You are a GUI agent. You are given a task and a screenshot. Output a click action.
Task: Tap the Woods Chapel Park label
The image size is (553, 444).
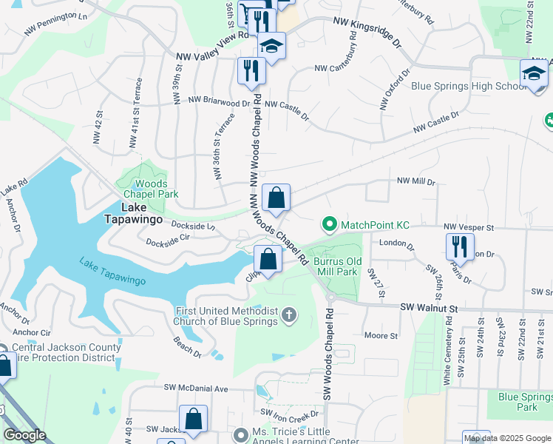pyautogui.click(x=151, y=189)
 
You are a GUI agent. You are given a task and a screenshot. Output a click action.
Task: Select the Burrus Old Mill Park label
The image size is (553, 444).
pyautogui.click(x=337, y=266)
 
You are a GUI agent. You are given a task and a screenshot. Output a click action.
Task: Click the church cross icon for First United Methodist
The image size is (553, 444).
pyautogui.click(x=289, y=316)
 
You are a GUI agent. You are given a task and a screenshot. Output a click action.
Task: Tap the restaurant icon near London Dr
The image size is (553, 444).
pyautogui.click(x=460, y=246)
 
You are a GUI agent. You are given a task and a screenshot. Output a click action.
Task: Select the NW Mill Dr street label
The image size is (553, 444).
pyautogui.click(x=416, y=181)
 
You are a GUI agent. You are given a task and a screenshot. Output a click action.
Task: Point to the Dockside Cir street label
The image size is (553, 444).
pyautogui.click(x=168, y=240)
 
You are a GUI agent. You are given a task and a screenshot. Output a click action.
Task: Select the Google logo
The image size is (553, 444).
pyautogui.click(x=24, y=435)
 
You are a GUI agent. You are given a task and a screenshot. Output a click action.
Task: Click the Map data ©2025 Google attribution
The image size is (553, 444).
pyautogui.click(x=507, y=438)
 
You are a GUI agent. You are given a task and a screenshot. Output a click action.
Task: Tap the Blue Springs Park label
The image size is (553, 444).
pyautogui.click(x=526, y=402)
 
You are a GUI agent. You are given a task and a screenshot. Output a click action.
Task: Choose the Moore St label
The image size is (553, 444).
pyautogui.click(x=381, y=335)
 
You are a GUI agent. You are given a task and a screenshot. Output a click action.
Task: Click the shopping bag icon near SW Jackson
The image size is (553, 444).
pyautogui.click(x=193, y=418)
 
